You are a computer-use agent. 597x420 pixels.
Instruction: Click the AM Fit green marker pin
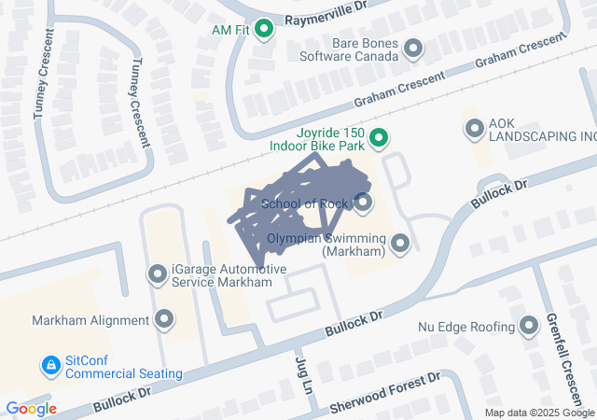point(263,30)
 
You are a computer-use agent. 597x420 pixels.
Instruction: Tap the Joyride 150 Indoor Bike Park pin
point(378,140)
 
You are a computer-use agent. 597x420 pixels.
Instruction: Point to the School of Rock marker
point(363,203)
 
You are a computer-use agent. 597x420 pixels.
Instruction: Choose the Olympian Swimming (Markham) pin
point(401,245)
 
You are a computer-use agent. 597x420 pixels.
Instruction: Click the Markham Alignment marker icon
point(165,320)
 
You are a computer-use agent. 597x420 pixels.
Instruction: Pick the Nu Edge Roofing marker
point(529,327)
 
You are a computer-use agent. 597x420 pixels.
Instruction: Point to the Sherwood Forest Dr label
point(385,395)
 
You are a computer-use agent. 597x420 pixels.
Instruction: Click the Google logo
point(31,409)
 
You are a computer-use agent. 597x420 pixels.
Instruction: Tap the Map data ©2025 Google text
point(539,413)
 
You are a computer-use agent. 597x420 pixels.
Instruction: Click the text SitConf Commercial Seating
point(123,368)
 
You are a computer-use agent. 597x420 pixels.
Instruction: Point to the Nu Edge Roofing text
point(466,327)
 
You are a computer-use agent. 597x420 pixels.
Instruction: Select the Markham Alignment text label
point(90,320)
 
